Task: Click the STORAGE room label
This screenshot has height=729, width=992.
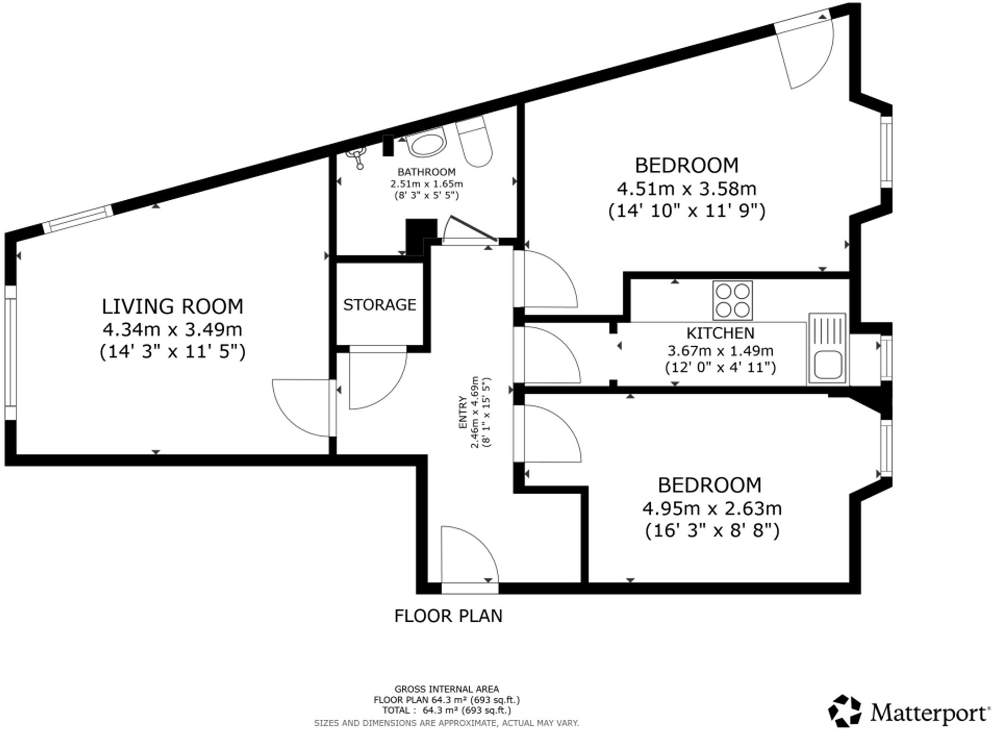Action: coord(379,304)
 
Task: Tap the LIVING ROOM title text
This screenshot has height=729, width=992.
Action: coord(172,306)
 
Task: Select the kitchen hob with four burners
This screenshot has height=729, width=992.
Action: coord(732,300)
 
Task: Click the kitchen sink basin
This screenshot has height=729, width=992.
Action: coord(827,365)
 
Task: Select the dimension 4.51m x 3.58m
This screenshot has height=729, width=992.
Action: coord(686,188)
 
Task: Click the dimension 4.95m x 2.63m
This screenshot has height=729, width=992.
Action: coord(712,508)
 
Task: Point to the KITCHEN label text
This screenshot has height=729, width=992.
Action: coord(720,333)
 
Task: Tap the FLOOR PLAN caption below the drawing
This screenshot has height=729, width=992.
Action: coord(448,616)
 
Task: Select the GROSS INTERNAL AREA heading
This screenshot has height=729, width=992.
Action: coord(446,689)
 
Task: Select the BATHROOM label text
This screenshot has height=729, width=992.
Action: coord(426,172)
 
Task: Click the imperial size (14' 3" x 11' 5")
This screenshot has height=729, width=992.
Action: coord(172,351)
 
